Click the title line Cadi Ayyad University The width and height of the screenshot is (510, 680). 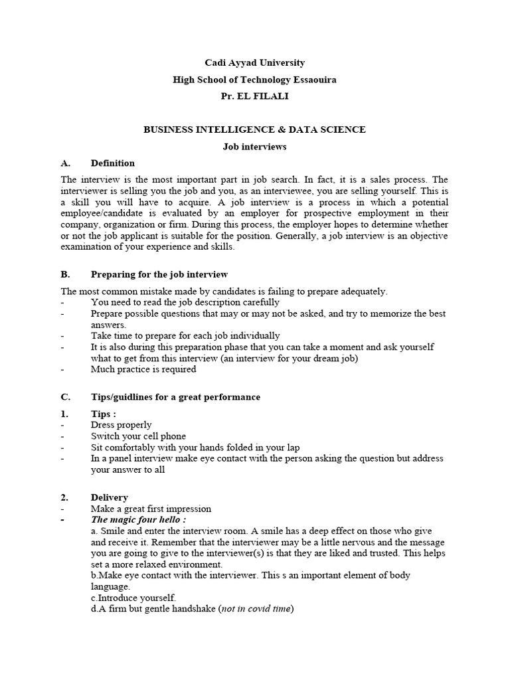[x=254, y=63]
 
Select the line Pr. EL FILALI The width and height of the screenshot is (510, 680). [x=254, y=96]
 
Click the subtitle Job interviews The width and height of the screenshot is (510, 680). [x=254, y=147]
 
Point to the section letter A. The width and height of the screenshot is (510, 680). [x=65, y=163]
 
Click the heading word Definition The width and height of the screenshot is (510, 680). [x=113, y=163]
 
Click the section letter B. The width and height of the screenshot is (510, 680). [x=65, y=274]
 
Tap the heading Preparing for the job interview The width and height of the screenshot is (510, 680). [x=159, y=274]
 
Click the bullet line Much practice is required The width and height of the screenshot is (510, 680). [x=143, y=369]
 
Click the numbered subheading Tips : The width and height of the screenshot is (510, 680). [x=104, y=414]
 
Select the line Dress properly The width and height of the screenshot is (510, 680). [x=122, y=425]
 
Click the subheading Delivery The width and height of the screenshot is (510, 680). [x=110, y=497]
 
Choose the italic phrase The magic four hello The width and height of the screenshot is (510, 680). [x=137, y=520]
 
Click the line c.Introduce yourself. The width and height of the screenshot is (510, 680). [x=133, y=598]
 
